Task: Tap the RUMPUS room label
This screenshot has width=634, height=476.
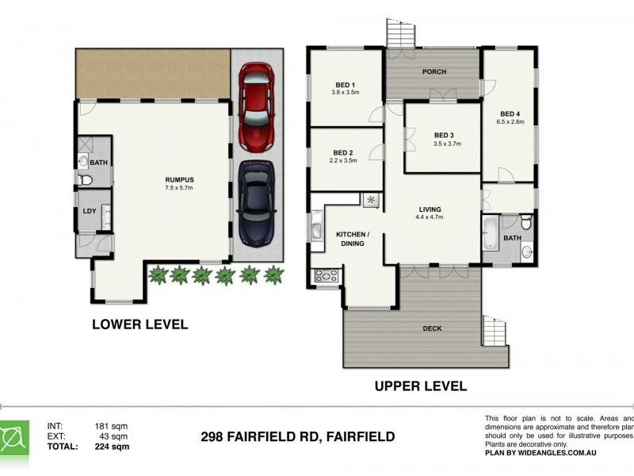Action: tap(179, 179)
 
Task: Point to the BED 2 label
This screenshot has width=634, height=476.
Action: tap(342, 152)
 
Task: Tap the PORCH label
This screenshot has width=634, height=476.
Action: tap(433, 72)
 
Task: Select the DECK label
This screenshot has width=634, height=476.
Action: tap(433, 328)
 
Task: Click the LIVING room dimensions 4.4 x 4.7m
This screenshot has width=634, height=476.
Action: tap(430, 217)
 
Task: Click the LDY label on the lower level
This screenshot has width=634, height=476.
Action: tap(89, 211)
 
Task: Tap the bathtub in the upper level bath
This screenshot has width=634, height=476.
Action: tap(490, 235)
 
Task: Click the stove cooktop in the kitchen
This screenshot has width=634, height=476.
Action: tap(327, 276)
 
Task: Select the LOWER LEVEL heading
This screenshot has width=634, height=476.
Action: tap(139, 324)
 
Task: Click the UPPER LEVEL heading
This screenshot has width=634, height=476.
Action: tap(420, 387)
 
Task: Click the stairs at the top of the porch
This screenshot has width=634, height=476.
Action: tap(401, 33)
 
